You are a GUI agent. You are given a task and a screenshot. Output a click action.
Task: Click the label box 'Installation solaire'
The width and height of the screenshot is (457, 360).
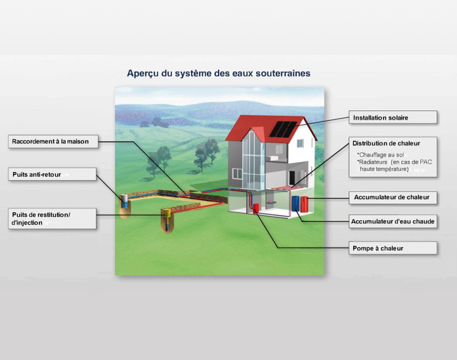pyautogui.click(x=393, y=118)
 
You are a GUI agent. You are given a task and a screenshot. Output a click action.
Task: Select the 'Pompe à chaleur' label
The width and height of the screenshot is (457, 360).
pyautogui.click(x=393, y=248)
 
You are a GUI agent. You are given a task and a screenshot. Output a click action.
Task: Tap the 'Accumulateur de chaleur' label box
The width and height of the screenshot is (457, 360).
pyautogui.click(x=393, y=196)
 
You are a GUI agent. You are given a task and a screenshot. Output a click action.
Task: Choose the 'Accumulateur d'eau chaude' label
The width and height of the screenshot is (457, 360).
pyautogui.click(x=393, y=222)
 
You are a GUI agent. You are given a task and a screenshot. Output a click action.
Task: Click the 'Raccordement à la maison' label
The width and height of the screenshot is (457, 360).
pyautogui.click(x=54, y=141)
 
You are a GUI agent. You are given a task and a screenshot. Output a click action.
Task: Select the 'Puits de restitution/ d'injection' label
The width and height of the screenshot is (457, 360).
pyautogui.click(x=52, y=219)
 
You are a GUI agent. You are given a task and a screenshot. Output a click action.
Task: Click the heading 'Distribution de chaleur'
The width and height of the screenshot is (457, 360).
pyautogui.click(x=386, y=143)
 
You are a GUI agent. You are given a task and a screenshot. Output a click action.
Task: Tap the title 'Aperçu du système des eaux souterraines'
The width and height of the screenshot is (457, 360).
pyautogui.click(x=219, y=73)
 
